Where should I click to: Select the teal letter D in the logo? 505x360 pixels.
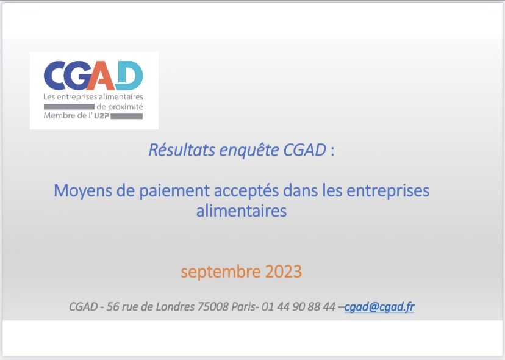(x=129, y=76)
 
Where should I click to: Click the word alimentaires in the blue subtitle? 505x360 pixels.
(x=241, y=211)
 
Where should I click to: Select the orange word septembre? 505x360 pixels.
(x=220, y=272)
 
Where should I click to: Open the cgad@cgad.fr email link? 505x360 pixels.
(x=379, y=307)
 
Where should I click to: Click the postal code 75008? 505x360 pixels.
(x=213, y=307)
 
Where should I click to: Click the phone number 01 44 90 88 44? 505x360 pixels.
(x=298, y=307)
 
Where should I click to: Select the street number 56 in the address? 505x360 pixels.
(x=113, y=307)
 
